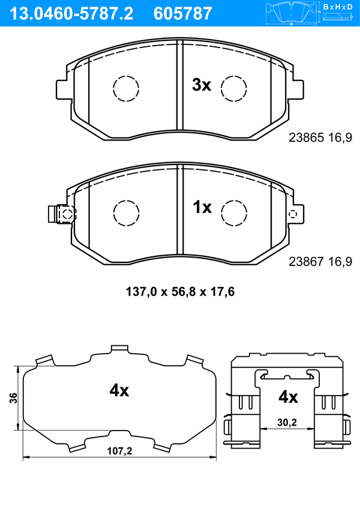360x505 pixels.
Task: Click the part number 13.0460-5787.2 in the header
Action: (x=71, y=14)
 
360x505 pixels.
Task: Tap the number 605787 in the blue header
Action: (x=182, y=14)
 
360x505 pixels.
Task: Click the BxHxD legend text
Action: (x=338, y=7)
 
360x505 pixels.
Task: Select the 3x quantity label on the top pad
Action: (x=202, y=85)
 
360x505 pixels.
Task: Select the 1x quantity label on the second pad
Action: (x=202, y=207)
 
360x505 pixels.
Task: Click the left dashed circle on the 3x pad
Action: (x=126, y=88)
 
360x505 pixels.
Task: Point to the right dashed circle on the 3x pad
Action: (x=234, y=88)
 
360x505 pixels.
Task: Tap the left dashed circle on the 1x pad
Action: (x=127, y=213)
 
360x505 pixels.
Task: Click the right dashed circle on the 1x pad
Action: (x=234, y=213)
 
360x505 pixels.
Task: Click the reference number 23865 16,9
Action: (x=320, y=138)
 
